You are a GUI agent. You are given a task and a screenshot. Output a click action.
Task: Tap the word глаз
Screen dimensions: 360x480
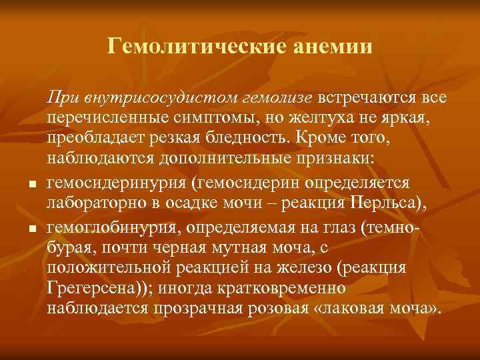336,227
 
